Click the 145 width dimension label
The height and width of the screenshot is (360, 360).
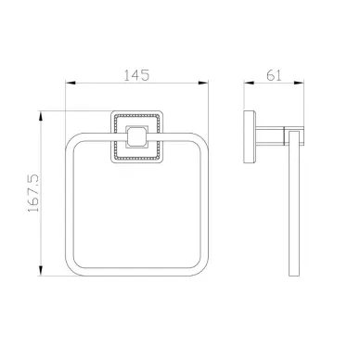136,75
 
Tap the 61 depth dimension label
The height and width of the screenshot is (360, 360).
274,75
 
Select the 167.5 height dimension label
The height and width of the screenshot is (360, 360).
33,193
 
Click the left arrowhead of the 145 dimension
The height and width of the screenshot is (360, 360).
71,83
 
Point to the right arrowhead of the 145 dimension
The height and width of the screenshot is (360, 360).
203,83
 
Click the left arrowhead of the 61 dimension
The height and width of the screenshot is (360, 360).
249,83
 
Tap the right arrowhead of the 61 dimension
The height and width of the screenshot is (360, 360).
299,83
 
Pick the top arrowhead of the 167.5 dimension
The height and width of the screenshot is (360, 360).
40,116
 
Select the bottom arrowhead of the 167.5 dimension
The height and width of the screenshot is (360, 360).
40,271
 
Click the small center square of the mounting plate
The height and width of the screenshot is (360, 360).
136,136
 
